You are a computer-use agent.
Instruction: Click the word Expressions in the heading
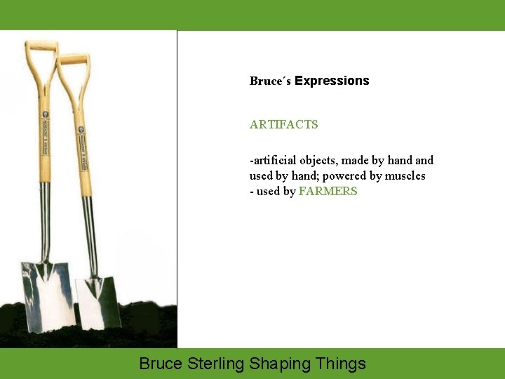(x=332, y=81)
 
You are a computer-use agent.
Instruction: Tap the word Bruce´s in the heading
(x=270, y=81)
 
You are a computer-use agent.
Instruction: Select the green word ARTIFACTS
(x=283, y=124)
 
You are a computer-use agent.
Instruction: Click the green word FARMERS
(x=328, y=191)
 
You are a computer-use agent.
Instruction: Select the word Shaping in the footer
(x=280, y=364)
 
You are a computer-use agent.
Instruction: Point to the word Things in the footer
(x=340, y=364)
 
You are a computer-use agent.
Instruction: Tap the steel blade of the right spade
(x=98, y=302)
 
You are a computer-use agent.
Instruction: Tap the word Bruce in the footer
(x=161, y=364)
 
